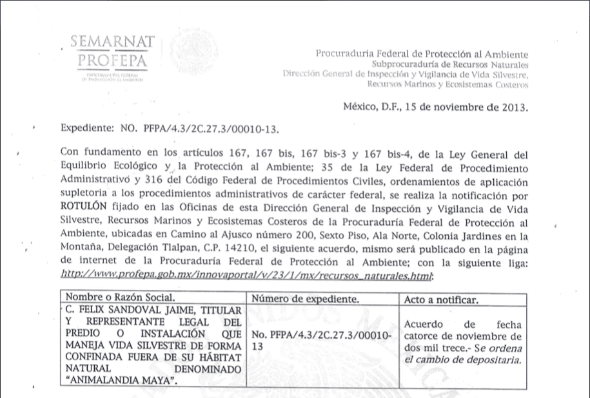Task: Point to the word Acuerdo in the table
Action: click(423, 325)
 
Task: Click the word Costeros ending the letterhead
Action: click(509, 84)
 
